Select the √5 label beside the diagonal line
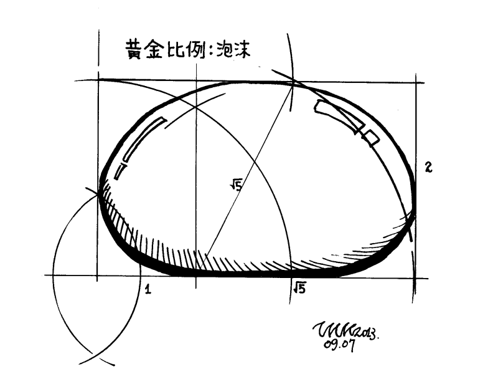[235, 183]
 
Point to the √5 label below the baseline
[299, 287]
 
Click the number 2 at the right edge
[429, 167]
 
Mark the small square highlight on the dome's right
[372, 137]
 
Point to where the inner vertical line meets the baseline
[196, 275]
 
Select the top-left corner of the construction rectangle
[98, 80]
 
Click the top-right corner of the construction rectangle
[416, 82]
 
